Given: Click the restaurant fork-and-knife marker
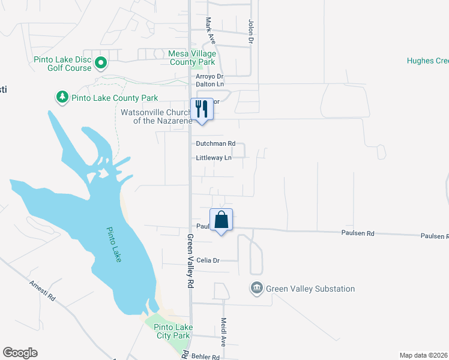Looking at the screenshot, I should [x=202, y=109].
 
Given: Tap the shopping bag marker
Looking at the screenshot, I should [x=221, y=219].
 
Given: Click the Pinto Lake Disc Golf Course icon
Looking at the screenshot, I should [x=101, y=61].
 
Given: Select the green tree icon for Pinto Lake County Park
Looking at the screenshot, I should [x=62, y=97].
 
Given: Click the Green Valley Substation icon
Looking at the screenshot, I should [x=257, y=289].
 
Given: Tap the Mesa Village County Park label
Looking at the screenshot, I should [x=192, y=58].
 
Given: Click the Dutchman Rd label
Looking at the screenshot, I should [x=215, y=144].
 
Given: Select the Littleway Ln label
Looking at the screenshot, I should [x=213, y=158].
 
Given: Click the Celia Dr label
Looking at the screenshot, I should [x=209, y=260].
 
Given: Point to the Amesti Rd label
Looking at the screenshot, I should [x=43, y=289].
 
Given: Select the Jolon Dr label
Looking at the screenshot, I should [x=252, y=32].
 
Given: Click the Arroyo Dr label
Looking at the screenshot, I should [x=209, y=77].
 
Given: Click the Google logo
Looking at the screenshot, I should [x=20, y=353].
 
